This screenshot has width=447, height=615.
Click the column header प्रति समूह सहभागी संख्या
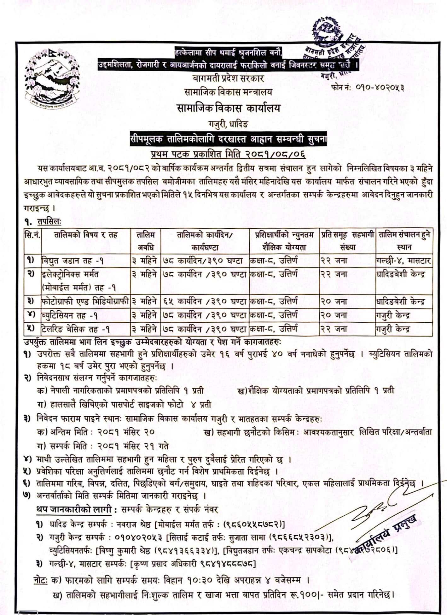347,241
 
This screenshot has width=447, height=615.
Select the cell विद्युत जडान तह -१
73,261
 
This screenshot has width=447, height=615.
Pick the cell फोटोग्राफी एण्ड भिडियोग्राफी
85,302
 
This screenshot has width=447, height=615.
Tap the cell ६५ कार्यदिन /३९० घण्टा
205,302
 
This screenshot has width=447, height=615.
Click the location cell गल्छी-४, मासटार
403,261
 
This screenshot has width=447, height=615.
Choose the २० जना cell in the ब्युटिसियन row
334,315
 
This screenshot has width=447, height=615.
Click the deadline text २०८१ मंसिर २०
126,432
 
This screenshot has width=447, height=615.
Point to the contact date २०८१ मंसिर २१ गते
133,446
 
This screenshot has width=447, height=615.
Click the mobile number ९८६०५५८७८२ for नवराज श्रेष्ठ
252,524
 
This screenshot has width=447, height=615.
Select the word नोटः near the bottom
41,580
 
